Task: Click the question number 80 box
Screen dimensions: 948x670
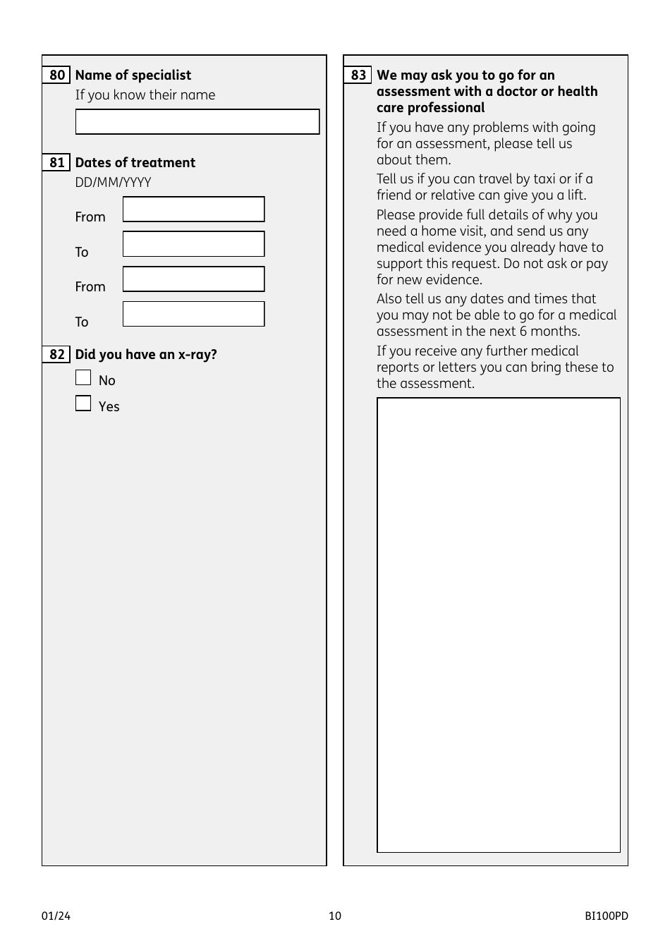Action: coord(56,75)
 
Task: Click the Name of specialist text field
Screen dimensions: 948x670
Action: coord(197,122)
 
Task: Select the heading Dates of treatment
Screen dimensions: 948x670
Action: coord(135,163)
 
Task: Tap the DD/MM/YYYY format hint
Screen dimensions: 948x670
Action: coord(113,183)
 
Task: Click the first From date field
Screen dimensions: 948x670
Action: coord(194,209)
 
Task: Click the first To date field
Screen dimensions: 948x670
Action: coord(194,244)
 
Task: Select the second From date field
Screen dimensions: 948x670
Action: coord(194,279)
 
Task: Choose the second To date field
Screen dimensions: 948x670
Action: coord(194,314)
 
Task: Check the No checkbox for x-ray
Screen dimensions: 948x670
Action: coord(83,378)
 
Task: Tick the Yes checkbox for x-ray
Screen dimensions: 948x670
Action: coord(83,403)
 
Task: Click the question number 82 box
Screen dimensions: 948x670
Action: coord(56,355)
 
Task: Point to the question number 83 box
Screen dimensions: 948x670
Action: coord(358,75)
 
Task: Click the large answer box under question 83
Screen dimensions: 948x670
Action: coord(499,625)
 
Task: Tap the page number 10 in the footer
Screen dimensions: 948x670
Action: coord(335,916)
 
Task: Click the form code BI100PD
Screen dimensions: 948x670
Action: coord(606,916)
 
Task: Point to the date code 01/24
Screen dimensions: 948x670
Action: coord(56,916)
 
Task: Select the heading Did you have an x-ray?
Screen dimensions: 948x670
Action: coord(146,355)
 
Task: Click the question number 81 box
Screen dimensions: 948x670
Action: coord(56,163)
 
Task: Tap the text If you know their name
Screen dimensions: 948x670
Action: coord(145,95)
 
